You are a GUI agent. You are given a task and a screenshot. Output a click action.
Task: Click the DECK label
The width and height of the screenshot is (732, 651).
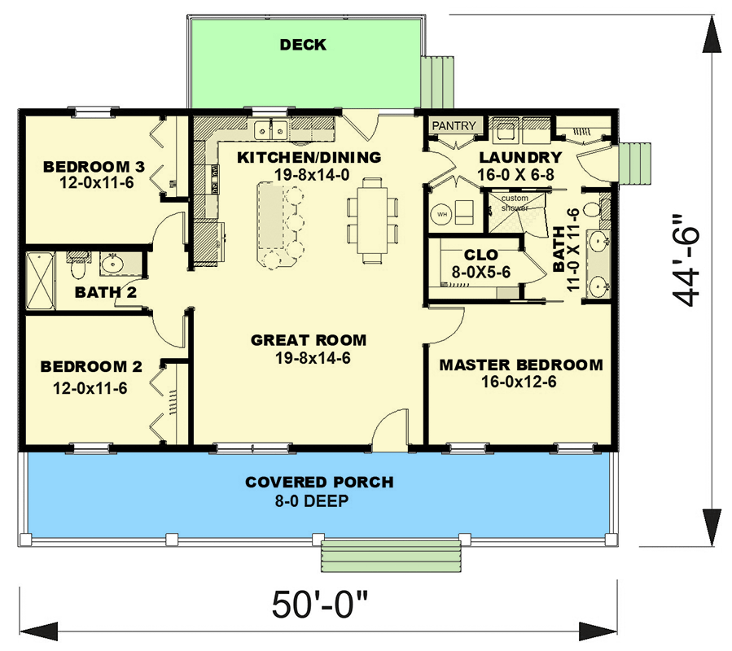point(303,45)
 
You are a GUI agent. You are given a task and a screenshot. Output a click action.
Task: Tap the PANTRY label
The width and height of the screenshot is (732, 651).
point(453,126)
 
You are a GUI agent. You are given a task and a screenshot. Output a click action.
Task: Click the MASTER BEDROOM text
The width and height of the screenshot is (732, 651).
point(521,365)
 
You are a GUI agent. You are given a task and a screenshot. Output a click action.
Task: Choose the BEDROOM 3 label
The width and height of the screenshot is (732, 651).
point(94,167)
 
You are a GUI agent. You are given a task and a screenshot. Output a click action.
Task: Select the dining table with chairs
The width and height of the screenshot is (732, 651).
point(372,220)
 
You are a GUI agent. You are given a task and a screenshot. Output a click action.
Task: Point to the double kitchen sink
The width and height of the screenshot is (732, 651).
point(270,129)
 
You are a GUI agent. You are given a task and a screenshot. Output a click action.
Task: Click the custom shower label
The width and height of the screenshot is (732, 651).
point(515,203)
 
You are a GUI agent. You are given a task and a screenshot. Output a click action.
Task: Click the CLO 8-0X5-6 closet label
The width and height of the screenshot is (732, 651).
point(480,263)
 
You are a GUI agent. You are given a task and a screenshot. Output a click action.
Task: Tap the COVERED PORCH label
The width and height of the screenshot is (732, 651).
point(319,483)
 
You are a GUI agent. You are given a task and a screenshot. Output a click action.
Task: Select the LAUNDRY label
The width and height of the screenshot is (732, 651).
point(519,157)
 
